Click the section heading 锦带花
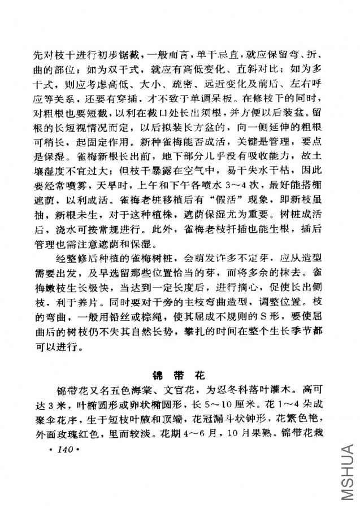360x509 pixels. tap(180, 375)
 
